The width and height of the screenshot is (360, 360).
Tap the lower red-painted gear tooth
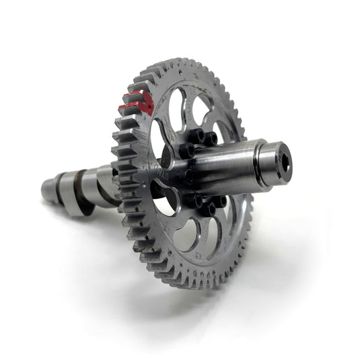pyautogui.click(x=134, y=107)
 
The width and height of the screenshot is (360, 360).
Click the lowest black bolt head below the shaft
pyautogui.click(x=208, y=209)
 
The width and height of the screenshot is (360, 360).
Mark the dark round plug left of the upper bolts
pyautogui.click(x=166, y=157)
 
